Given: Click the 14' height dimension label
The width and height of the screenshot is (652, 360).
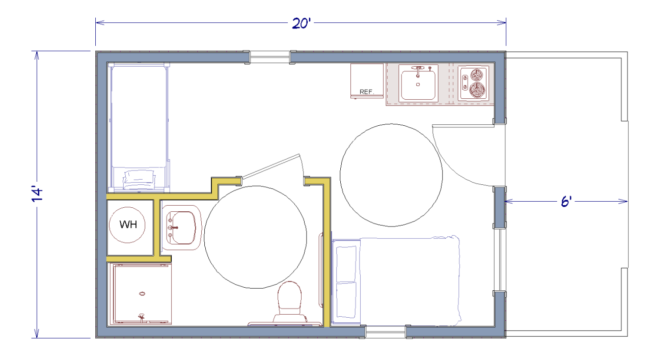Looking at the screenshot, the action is point(37,193).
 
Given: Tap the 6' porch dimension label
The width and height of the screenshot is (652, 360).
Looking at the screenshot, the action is point(566,202).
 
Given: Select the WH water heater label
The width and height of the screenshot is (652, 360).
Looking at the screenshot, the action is point(128,225).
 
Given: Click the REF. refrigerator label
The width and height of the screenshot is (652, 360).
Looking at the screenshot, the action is point(367,92).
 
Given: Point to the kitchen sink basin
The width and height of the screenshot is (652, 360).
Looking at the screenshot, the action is point(418,85).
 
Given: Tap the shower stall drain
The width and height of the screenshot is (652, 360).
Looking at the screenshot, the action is point(142,294).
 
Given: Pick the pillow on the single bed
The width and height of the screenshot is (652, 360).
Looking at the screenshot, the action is point(139,180).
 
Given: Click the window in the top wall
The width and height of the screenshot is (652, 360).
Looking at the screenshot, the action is point(270,57).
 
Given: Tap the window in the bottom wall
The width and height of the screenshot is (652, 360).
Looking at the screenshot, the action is point(386,331).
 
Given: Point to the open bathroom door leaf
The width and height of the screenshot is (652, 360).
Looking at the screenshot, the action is point(270,166).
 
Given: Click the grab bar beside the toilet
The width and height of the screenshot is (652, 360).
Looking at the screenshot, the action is point(320,270).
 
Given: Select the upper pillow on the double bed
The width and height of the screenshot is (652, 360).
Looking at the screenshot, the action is point(346,263).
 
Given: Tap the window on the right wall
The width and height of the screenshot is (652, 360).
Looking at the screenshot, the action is point(500,260).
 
